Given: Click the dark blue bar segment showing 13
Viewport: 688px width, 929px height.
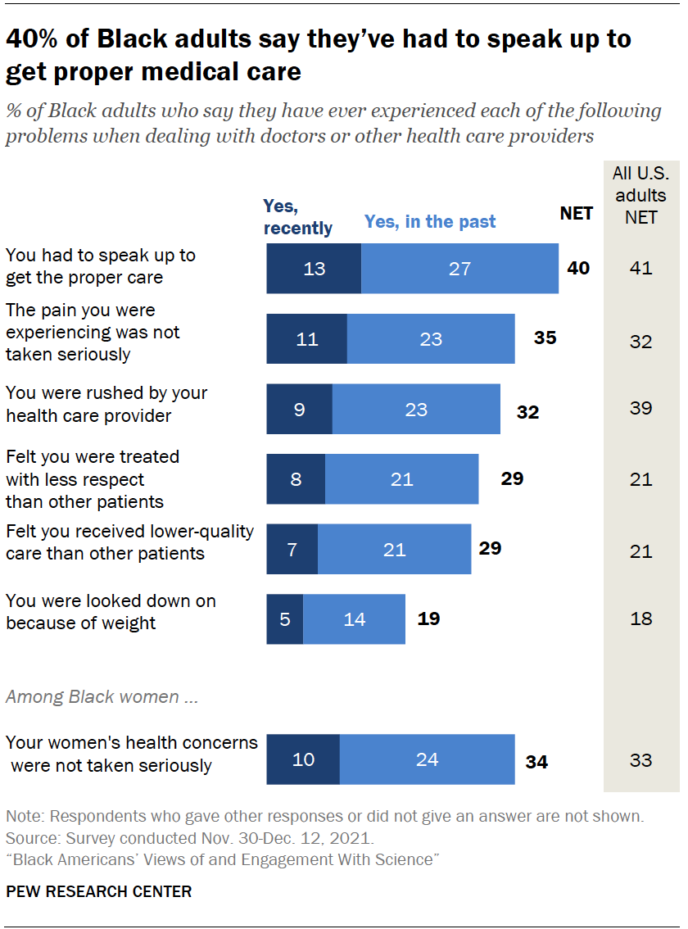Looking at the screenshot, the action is click(314, 269).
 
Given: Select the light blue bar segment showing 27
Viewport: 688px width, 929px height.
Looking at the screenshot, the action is click(459, 269).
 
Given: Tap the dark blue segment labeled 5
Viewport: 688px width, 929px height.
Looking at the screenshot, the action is click(285, 619).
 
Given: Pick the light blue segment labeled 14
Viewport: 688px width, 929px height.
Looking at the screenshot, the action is click(355, 619).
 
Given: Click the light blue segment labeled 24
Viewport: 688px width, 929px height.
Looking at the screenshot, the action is click(428, 759).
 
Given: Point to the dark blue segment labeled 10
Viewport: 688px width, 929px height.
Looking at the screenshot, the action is click(303, 759).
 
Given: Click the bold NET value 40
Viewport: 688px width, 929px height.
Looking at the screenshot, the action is click(578, 268).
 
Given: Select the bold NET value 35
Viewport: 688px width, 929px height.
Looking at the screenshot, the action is click(545, 338).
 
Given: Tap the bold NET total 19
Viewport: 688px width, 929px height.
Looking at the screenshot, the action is click(428, 619).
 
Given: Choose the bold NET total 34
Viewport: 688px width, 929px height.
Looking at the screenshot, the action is click(536, 761).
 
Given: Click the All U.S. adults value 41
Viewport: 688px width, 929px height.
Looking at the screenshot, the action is click(640, 268).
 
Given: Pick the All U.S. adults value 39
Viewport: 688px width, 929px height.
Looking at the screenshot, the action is click(640, 408).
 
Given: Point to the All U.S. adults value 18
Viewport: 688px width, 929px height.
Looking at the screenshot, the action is click(641, 619).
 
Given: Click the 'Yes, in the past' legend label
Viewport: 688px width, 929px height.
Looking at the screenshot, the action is click(430, 221).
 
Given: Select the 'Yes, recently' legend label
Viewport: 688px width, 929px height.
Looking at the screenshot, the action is click(297, 217).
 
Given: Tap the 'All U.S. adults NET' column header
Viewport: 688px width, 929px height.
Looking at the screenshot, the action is click(640, 195).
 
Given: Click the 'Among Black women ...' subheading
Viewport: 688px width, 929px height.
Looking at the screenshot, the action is click(102, 696).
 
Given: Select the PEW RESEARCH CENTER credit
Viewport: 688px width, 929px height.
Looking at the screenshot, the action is click(99, 891).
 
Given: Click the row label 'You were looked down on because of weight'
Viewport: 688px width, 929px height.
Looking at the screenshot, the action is click(111, 612).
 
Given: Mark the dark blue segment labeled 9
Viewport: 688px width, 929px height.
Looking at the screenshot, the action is click(299, 409).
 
